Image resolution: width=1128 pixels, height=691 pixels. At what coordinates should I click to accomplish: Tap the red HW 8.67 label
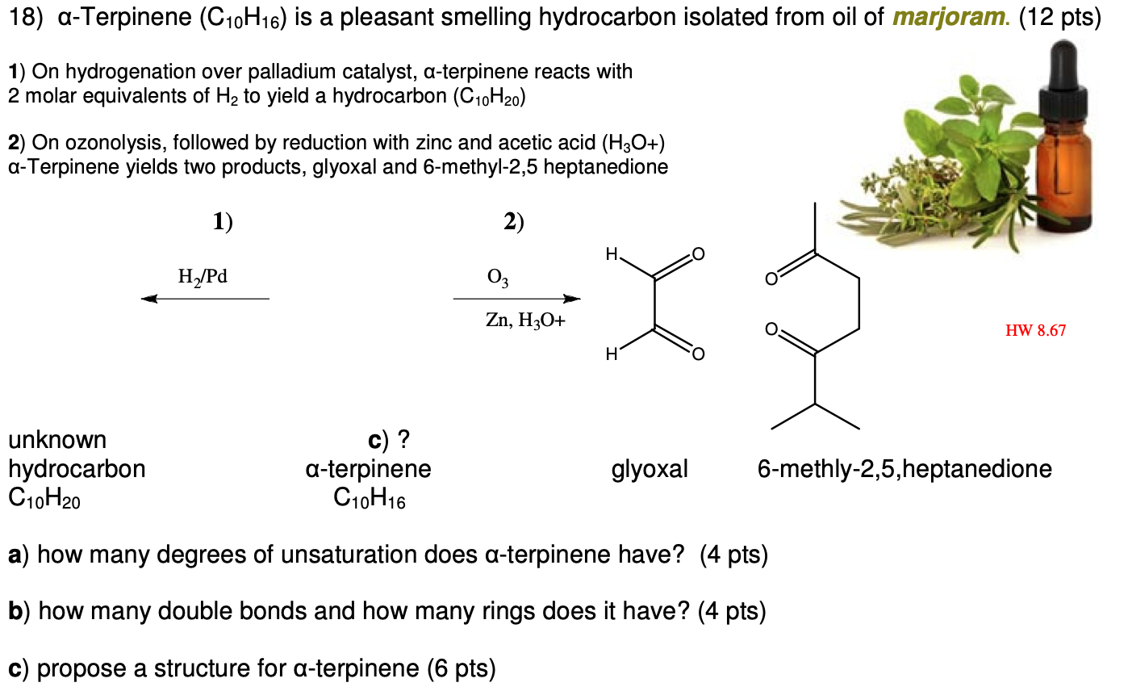(1035, 330)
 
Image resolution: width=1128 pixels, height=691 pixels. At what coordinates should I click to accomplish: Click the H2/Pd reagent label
(203, 277)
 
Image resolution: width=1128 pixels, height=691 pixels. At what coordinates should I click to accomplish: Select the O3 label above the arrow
(498, 278)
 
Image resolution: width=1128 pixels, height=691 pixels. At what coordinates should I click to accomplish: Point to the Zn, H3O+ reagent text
(525, 320)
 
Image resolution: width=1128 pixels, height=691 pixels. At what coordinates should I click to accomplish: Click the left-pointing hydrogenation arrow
(205, 299)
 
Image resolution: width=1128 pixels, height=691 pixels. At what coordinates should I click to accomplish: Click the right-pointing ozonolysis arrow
(516, 299)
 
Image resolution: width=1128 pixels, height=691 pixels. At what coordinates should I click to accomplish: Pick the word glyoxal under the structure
(650, 469)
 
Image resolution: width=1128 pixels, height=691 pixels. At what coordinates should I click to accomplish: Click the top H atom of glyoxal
(612, 254)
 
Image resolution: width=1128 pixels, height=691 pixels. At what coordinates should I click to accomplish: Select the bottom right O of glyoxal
(698, 354)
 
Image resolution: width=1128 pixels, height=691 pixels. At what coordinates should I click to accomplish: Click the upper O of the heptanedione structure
(771, 279)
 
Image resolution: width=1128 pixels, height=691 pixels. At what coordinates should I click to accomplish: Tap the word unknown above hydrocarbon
(57, 440)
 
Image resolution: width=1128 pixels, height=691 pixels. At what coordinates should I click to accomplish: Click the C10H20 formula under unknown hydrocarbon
(44, 499)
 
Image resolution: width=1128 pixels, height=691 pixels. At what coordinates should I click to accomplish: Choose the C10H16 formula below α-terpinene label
(369, 499)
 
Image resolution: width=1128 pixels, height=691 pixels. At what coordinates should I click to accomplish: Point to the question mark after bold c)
(404, 440)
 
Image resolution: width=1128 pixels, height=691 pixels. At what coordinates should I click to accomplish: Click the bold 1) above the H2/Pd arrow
(223, 222)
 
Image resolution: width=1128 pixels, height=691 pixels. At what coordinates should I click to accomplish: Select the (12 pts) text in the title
(1060, 17)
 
